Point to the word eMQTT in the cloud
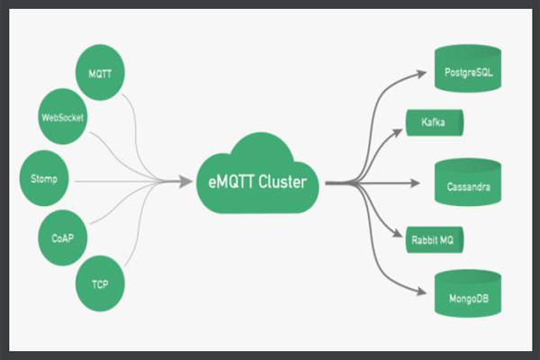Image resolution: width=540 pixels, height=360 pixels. tap(221, 183)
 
